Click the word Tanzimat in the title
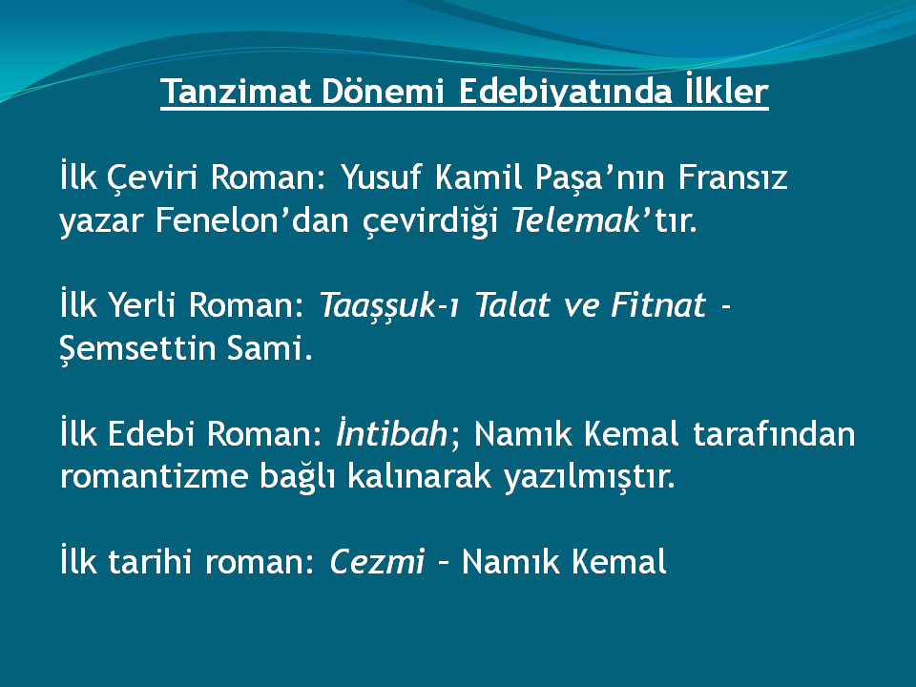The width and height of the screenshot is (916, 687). [236, 92]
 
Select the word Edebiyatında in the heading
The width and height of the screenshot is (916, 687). [565, 92]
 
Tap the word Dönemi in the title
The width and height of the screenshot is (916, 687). [383, 92]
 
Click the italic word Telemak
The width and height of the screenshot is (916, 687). [576, 220]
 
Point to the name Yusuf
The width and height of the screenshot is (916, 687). [381, 177]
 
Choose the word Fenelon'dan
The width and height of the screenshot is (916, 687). [252, 220]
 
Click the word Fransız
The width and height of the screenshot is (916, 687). [733, 177]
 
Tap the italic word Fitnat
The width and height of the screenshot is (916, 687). [658, 305]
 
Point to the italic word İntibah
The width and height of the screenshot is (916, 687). [391, 433]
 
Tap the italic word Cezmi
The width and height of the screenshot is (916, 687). [377, 562]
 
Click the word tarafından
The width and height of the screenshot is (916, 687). [774, 433]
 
